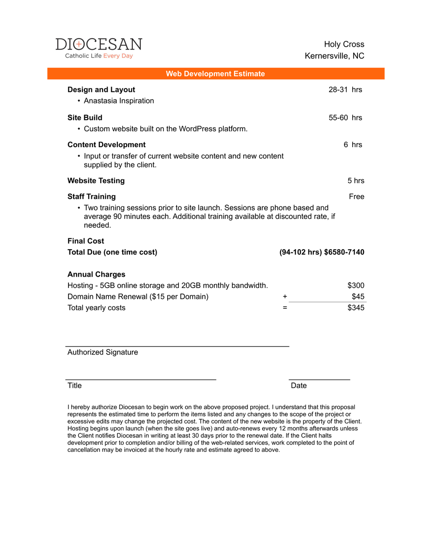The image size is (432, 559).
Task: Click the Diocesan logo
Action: tap(99, 48)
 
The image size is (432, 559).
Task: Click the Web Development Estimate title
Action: tap(215, 74)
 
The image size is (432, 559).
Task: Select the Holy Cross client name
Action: tap(344, 44)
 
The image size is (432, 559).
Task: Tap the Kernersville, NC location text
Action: tap(334, 56)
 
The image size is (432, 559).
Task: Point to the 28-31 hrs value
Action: tap(345, 89)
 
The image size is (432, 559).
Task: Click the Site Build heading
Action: tap(85, 117)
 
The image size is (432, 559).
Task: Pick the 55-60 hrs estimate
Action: tap(345, 117)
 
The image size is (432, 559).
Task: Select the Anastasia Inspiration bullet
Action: tap(119, 101)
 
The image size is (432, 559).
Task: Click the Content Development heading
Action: tap(106, 144)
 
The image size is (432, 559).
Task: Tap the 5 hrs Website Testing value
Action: tap(356, 180)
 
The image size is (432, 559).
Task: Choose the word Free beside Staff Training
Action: tap(357, 197)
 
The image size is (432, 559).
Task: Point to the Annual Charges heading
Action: tap(96, 274)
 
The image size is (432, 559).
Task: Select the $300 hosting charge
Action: tap(356, 286)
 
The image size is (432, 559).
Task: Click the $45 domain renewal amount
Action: tap(358, 297)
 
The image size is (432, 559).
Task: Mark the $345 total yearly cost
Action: tap(356, 308)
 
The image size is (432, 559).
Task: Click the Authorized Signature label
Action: tap(103, 352)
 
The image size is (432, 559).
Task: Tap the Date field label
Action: tap(299, 385)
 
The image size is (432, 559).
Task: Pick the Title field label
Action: tap(75, 385)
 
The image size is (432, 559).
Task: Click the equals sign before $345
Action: tap(285, 308)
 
